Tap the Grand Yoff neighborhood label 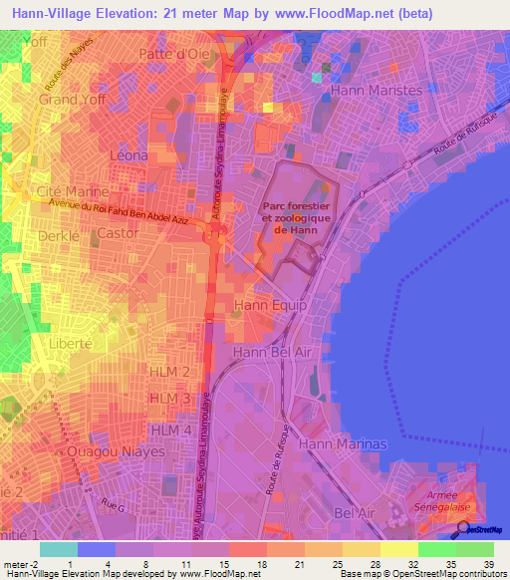[73, 101]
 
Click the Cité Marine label [64, 190]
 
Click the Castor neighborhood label [119, 233]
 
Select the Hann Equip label [269, 305]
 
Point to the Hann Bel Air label [273, 352]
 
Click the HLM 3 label [169, 399]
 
